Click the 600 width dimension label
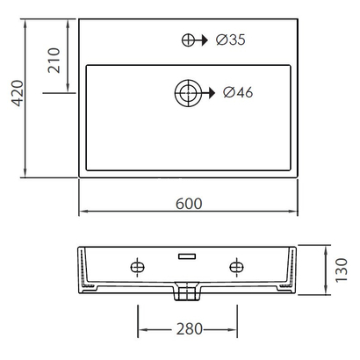[x=189, y=204]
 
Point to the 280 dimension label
[x=189, y=329]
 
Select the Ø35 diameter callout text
[x=229, y=40]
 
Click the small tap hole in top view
[x=188, y=40]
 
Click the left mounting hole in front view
[x=136, y=266]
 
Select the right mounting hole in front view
[x=236, y=266]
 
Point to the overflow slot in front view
[x=186, y=256]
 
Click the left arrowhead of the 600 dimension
[x=83, y=212]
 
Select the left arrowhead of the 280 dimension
[x=140, y=329]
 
